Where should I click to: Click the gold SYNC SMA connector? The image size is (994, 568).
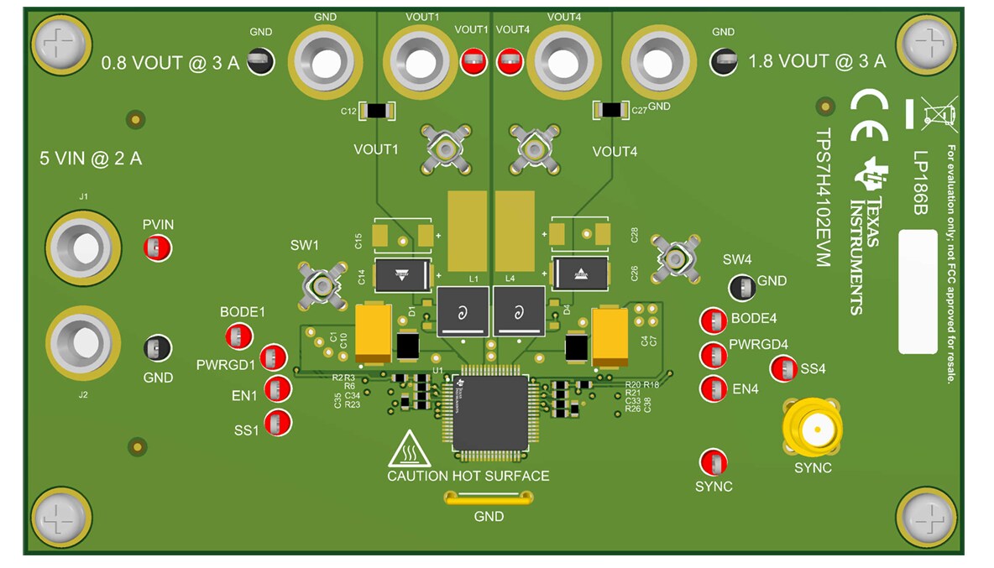point(812,429)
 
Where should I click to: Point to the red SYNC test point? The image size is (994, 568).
point(714,462)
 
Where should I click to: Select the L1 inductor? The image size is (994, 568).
point(462,311)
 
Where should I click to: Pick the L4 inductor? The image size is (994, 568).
point(518,311)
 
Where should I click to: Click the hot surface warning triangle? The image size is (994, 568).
point(410,451)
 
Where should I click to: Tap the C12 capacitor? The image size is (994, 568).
point(378,111)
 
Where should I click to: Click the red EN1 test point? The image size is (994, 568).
point(277,389)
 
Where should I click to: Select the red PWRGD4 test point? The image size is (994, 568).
point(714,355)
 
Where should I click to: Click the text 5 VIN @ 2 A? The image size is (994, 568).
point(91,158)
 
